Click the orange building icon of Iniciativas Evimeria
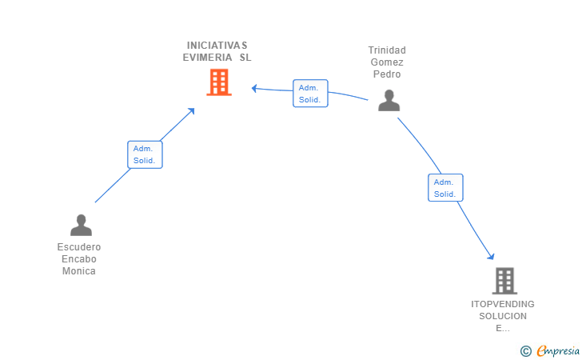(x=219, y=82)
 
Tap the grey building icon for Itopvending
(x=504, y=281)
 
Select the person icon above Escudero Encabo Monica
(x=81, y=225)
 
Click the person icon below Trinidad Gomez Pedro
(x=389, y=100)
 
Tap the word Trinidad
(x=387, y=50)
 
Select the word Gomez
(x=387, y=62)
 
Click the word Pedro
(x=387, y=74)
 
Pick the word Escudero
(x=79, y=247)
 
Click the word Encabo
(x=79, y=259)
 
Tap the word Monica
(x=79, y=271)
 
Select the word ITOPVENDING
(x=503, y=304)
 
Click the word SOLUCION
(x=503, y=316)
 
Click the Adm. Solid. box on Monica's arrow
(x=145, y=154)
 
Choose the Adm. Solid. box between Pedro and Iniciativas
(x=310, y=94)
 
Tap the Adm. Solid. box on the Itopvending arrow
(x=445, y=188)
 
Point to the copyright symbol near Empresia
(x=526, y=350)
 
